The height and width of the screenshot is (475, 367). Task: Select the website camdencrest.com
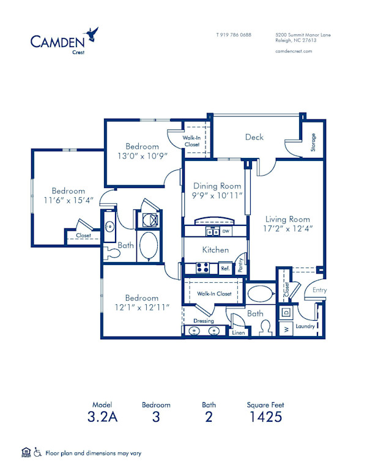(294, 51)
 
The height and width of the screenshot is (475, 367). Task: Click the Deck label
(254, 137)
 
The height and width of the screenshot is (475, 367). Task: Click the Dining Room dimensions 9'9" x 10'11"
(218, 195)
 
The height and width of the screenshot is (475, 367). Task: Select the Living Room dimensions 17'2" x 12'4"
(287, 229)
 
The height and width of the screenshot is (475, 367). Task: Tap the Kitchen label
(215, 250)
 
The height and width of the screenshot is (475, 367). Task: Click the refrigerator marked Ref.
(224, 268)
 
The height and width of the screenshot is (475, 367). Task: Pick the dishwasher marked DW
(226, 232)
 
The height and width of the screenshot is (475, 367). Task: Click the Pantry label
(241, 264)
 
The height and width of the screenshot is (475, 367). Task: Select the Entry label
(319, 290)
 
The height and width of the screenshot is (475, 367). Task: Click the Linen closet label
(238, 333)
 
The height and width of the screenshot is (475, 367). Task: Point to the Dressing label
(203, 321)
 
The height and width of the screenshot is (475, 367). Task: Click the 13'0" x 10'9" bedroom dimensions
(143, 156)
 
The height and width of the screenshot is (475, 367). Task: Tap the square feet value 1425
(265, 418)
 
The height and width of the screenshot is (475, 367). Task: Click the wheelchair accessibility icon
(38, 453)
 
